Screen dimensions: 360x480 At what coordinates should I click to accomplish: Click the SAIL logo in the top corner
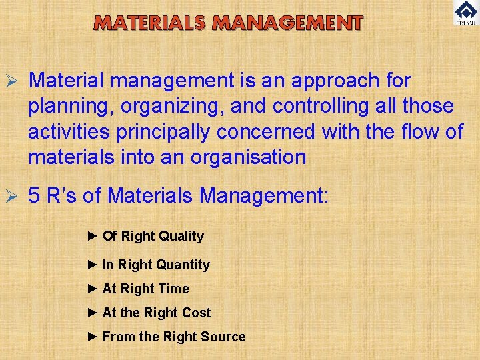pos(465,13)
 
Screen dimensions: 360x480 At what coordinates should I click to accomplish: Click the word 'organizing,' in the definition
pos(164,107)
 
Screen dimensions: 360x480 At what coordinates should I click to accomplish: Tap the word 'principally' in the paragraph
pos(164,132)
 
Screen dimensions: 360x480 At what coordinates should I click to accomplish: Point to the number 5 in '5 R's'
pos(34,196)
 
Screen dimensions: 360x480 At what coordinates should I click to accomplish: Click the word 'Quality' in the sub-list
pos(181,236)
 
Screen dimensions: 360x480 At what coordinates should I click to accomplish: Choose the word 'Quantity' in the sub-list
pos(183,265)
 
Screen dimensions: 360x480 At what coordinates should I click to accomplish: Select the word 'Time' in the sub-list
pos(173,289)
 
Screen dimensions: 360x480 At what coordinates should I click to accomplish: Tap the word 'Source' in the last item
pos(223,337)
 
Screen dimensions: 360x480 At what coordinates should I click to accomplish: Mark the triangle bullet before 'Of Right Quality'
pos(93,236)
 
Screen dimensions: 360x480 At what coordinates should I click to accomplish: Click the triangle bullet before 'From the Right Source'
pos(93,337)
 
